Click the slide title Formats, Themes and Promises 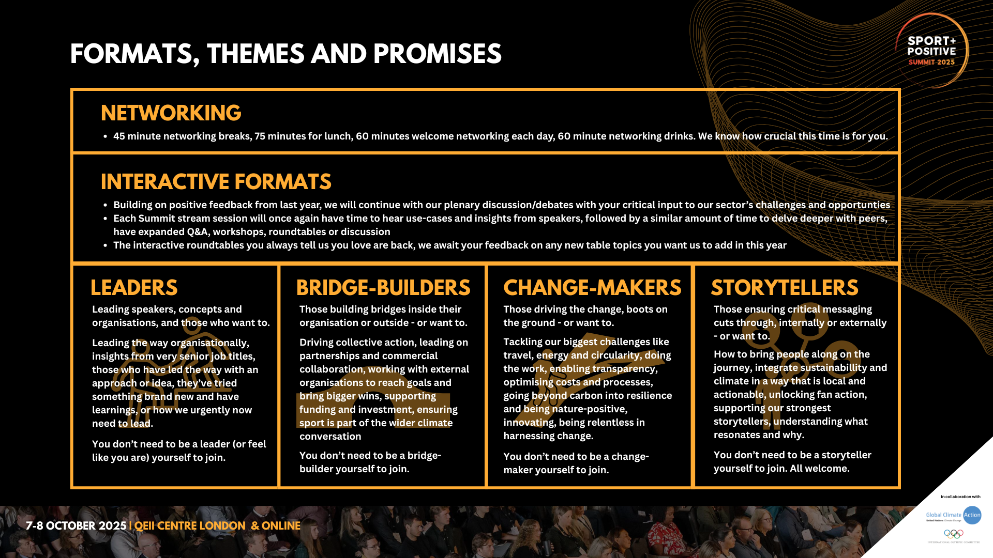(x=285, y=54)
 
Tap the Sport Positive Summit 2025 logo (x=932, y=51)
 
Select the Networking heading (x=171, y=113)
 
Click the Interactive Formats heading (x=216, y=182)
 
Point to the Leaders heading (x=134, y=288)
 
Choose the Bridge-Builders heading (x=383, y=288)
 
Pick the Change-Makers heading (x=592, y=288)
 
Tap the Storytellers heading (x=785, y=288)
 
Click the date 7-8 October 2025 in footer (x=76, y=526)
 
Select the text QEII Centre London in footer (x=190, y=526)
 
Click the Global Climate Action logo (x=953, y=515)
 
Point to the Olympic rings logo (x=954, y=534)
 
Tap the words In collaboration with (x=960, y=497)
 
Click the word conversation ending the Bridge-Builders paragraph (x=330, y=437)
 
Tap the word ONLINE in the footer (x=281, y=526)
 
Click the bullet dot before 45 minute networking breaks (x=105, y=136)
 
